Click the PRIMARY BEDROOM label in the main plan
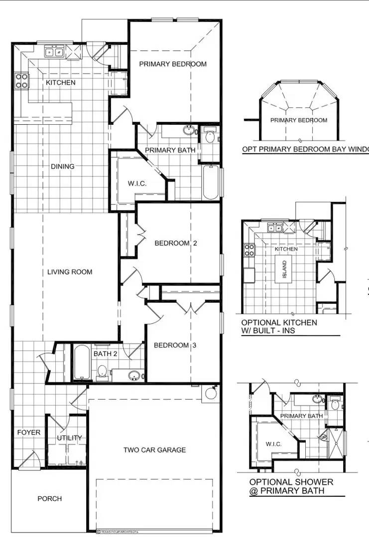(x=172, y=64)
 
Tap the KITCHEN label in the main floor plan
(x=61, y=83)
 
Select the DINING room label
(x=62, y=167)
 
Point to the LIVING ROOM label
(x=70, y=272)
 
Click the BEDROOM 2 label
(x=175, y=243)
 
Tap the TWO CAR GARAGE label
(x=154, y=450)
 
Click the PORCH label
(x=50, y=498)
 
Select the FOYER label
(x=28, y=433)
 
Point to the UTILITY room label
(x=69, y=438)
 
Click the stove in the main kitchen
(x=21, y=81)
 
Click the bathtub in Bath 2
(x=80, y=362)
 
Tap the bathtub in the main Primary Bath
(x=211, y=182)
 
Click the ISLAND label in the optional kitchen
(x=285, y=269)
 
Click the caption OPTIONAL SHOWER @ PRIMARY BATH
(x=291, y=486)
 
